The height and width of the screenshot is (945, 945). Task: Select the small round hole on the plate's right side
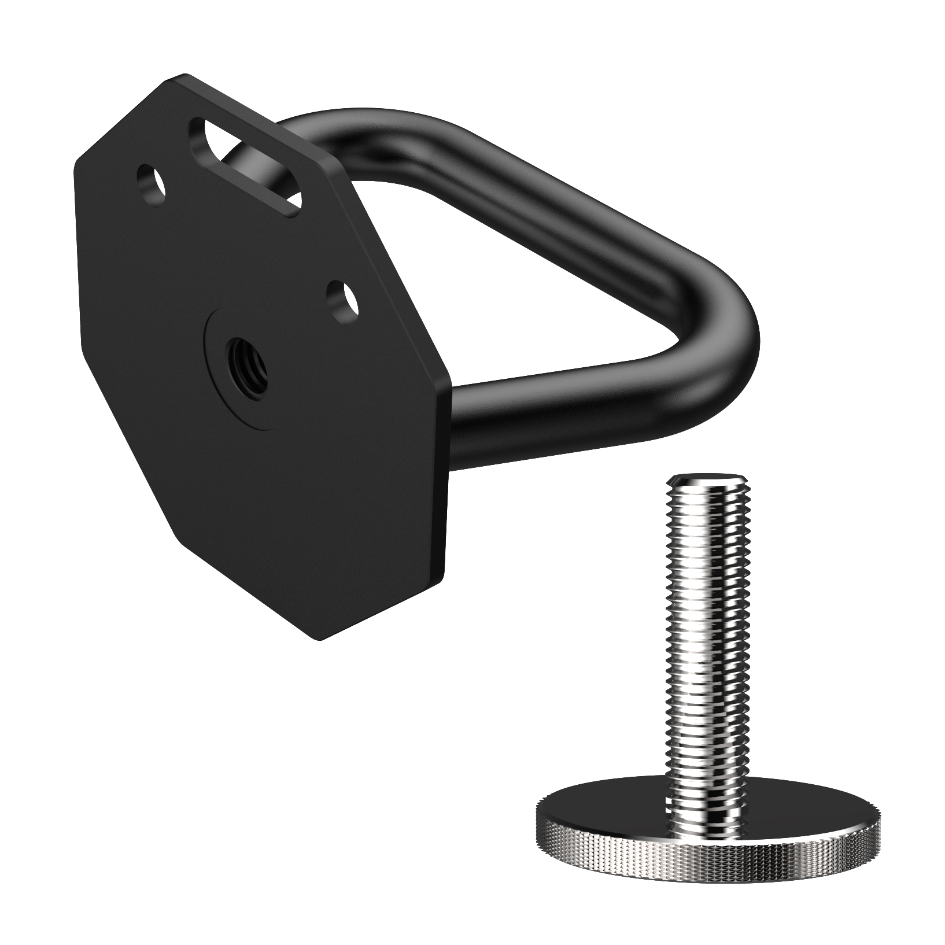pos(342,298)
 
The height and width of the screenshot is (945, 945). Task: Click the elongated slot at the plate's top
pos(246,168)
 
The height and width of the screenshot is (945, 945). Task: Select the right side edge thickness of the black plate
pos(448,463)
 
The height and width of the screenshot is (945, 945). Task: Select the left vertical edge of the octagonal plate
pos(78,260)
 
